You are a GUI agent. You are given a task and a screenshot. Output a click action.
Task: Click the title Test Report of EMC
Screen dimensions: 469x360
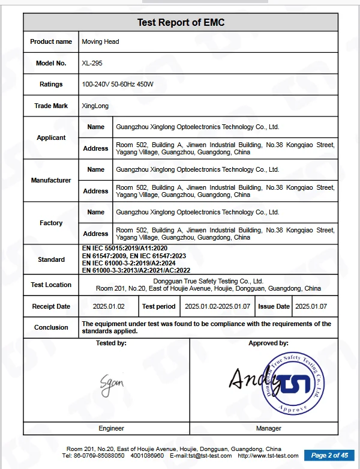[x=181, y=23]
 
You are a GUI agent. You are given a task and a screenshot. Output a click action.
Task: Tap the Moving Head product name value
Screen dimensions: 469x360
[x=100, y=42]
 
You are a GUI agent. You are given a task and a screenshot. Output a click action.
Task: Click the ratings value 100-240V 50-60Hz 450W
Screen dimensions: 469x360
[x=118, y=85]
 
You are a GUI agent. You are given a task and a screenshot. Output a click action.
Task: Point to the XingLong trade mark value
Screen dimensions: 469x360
[x=95, y=106]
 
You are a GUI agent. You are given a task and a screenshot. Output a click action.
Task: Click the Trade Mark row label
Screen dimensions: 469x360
[x=51, y=106]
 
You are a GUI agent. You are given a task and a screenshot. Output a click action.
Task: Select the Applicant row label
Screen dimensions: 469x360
[x=51, y=138]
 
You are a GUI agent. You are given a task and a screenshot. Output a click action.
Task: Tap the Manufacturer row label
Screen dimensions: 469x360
[x=51, y=180]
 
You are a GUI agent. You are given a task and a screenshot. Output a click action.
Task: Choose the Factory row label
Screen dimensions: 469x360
[x=51, y=223]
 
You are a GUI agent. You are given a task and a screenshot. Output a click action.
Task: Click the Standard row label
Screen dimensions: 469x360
[x=51, y=259]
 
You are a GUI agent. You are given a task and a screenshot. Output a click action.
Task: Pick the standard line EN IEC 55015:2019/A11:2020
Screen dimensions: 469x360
[x=124, y=248]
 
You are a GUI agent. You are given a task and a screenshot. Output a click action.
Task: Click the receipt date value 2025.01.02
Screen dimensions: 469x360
[x=109, y=306]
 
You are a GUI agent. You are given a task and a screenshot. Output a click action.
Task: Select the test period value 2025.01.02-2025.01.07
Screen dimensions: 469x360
[x=217, y=306]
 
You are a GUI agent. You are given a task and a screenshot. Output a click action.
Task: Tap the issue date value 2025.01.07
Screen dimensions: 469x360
[x=311, y=306]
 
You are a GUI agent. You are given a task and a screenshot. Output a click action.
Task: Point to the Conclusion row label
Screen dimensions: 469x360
[x=51, y=327]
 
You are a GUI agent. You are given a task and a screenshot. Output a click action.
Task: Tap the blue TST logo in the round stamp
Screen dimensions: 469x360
[x=299, y=384]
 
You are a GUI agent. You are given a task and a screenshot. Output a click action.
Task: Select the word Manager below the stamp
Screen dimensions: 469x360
[x=269, y=428]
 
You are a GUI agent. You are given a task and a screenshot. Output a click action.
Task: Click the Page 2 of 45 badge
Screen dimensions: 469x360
[x=329, y=455]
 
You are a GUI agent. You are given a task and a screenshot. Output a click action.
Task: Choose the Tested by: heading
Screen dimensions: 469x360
[x=111, y=343]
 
